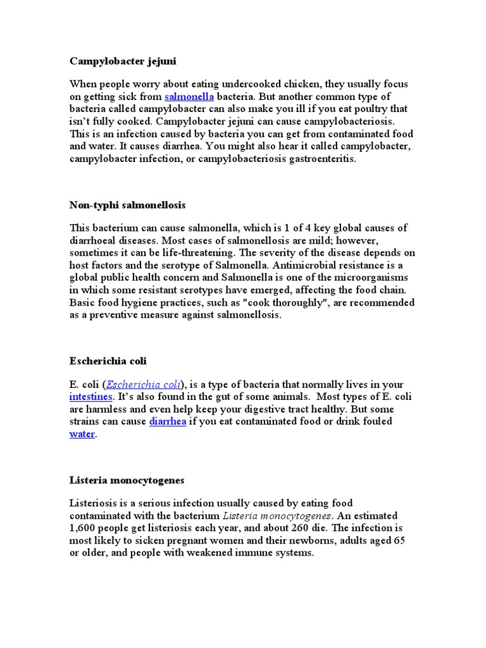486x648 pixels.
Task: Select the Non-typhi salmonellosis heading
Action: (x=127, y=206)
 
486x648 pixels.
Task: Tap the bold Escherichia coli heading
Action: (x=108, y=361)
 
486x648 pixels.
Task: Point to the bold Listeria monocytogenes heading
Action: (x=127, y=480)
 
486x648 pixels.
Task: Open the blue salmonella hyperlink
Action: (x=189, y=97)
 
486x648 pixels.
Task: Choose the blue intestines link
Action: (x=91, y=397)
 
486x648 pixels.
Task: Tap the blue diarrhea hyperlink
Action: (x=168, y=421)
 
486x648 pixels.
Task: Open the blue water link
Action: (x=82, y=434)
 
